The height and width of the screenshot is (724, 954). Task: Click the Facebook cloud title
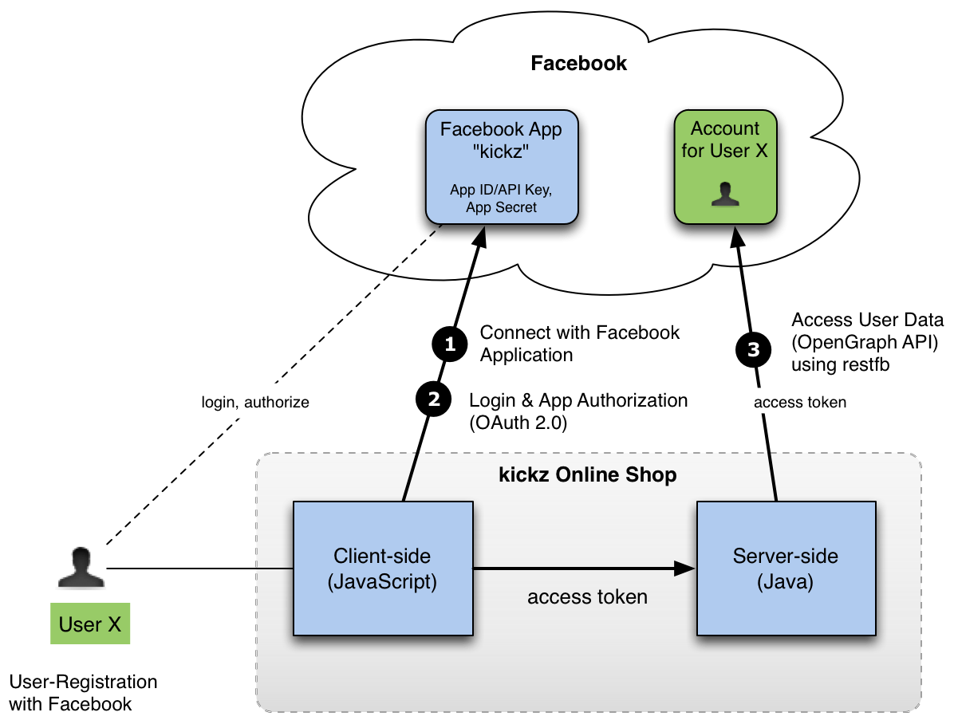[579, 64]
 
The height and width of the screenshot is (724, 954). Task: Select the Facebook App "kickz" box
[501, 167]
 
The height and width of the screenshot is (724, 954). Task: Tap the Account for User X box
[724, 167]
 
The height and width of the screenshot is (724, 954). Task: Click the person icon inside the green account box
[724, 195]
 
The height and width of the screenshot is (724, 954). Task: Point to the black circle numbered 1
[449, 344]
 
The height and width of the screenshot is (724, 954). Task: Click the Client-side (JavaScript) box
[383, 569]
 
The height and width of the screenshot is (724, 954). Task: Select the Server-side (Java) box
[786, 569]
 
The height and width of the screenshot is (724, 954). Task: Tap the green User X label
[90, 624]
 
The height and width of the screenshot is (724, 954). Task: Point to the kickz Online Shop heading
[588, 475]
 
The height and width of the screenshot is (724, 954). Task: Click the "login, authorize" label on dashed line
[254, 403]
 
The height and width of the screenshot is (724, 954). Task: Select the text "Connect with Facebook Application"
[579, 344]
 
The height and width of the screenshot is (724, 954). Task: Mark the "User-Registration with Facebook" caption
[83, 693]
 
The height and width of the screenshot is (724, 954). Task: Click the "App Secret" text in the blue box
[501, 207]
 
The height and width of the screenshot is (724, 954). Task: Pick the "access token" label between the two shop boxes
[587, 596]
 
